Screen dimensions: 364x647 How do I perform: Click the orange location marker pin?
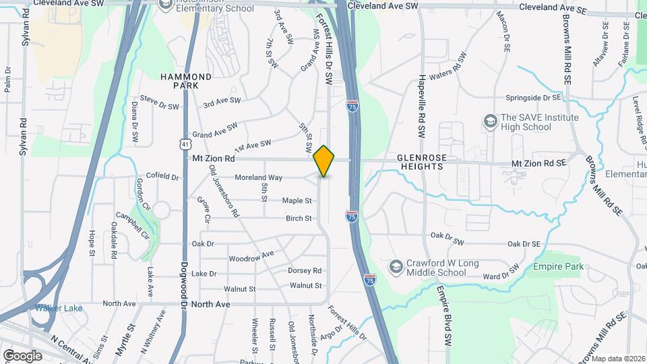pyautogui.click(x=324, y=160)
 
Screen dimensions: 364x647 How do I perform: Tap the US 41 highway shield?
pyautogui.click(x=185, y=144)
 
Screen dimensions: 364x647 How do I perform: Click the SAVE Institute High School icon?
pyautogui.click(x=491, y=122)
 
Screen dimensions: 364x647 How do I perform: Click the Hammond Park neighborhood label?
pyautogui.click(x=186, y=81)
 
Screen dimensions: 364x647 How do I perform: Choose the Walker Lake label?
pyautogui.click(x=59, y=308)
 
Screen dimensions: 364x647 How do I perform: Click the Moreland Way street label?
pyautogui.click(x=258, y=177)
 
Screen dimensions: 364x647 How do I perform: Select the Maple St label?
pyautogui.click(x=297, y=200)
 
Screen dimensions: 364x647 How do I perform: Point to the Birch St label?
pyautogui.click(x=299, y=218)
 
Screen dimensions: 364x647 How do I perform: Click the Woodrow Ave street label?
pyautogui.click(x=251, y=257)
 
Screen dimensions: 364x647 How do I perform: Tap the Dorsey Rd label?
pyautogui.click(x=305, y=270)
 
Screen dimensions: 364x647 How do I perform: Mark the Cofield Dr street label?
pyautogui.click(x=162, y=177)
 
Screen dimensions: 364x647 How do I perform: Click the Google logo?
pyautogui.click(x=22, y=355)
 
